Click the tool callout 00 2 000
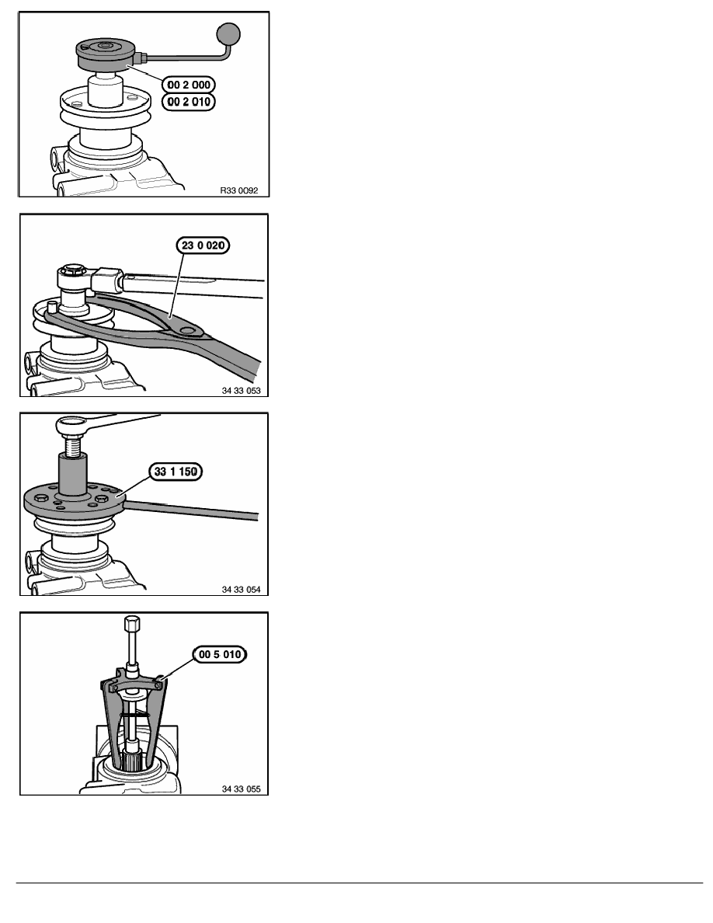tap(188, 85)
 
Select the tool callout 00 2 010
tap(188, 102)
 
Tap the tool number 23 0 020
tap(203, 245)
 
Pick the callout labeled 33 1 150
tap(176, 472)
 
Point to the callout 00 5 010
tap(220, 655)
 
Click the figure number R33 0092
tap(239, 190)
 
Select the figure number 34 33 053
tap(242, 390)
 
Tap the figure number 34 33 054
tap(242, 589)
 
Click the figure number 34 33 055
tap(242, 789)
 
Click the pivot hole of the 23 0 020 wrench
tap(188, 331)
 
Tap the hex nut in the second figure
tap(73, 273)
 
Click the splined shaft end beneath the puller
tap(132, 759)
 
